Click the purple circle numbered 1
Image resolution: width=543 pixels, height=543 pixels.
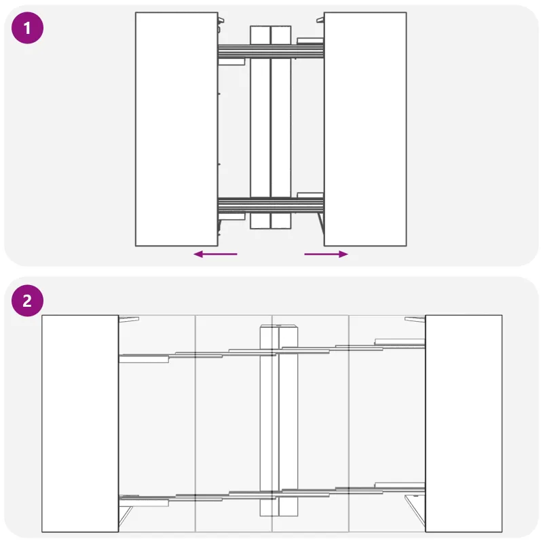[27, 28]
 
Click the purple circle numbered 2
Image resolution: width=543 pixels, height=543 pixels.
[27, 301]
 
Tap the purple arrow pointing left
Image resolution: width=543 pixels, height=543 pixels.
[215, 254]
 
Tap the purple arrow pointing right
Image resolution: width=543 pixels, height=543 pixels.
[326, 254]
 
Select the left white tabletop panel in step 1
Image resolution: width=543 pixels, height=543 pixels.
[176, 129]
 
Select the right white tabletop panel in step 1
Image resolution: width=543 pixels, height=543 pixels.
[365, 129]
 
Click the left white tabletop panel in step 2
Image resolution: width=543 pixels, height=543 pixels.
[80, 423]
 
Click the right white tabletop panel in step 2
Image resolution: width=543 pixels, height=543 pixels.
[464, 423]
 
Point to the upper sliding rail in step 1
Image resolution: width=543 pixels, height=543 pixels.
[271, 52]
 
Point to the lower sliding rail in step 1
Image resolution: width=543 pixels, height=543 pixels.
[271, 205]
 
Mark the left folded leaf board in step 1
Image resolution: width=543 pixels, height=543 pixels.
[260, 127]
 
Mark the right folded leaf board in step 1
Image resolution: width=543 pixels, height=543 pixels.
[281, 127]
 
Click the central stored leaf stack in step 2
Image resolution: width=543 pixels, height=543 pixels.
[279, 420]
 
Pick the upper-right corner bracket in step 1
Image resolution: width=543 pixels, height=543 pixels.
[320, 20]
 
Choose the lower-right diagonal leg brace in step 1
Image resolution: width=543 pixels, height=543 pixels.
[321, 224]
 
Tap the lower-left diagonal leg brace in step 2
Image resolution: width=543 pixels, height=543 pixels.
[126, 517]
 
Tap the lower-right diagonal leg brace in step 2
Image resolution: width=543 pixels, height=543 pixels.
[415, 510]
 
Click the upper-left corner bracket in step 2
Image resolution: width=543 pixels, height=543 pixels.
[129, 319]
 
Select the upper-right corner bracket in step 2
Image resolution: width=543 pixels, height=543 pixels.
[415, 319]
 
